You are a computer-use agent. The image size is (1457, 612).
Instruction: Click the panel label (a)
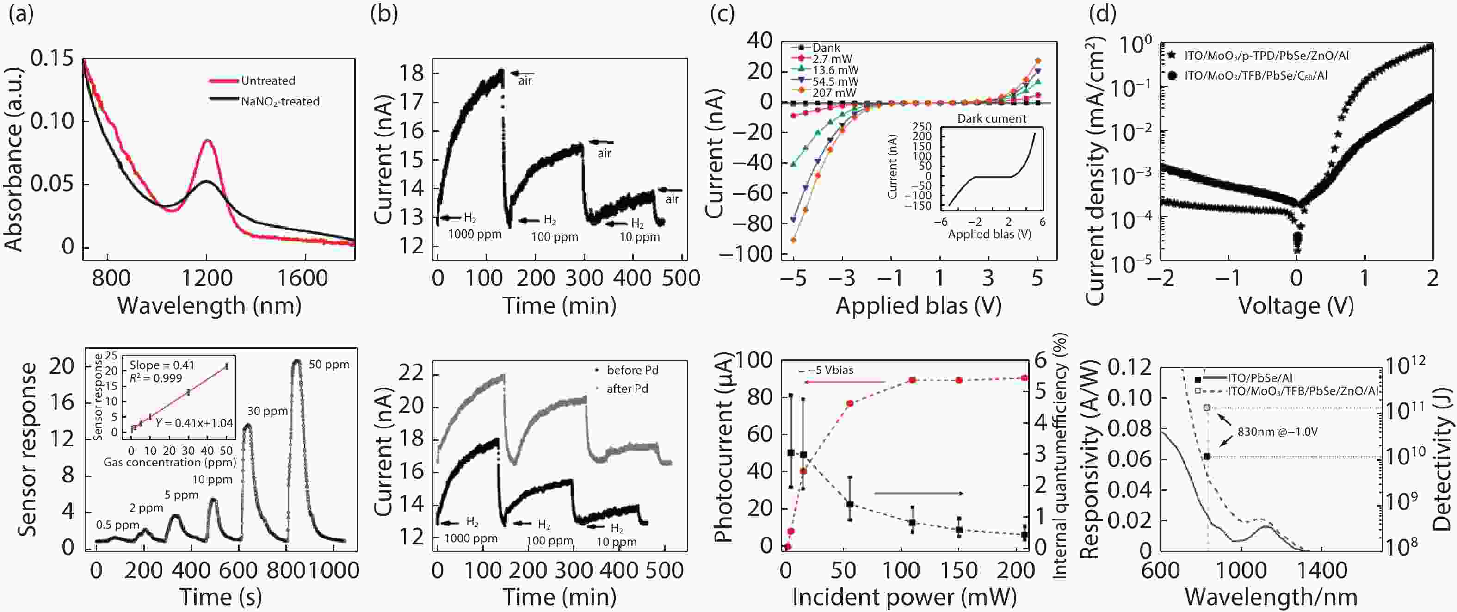coord(21,14)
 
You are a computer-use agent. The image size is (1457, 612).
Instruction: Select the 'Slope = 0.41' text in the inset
coord(162,365)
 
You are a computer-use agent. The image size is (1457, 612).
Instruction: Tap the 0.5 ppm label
coord(117,525)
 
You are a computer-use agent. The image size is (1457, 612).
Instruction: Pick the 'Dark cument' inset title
coord(992,119)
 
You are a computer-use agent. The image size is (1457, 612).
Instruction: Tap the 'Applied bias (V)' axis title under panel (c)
coord(919,306)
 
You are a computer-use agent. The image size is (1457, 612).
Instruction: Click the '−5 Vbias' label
coord(830,371)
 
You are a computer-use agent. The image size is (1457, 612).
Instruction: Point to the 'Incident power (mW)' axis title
coord(904,597)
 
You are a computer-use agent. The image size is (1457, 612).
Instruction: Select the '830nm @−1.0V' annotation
coord(1277,432)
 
